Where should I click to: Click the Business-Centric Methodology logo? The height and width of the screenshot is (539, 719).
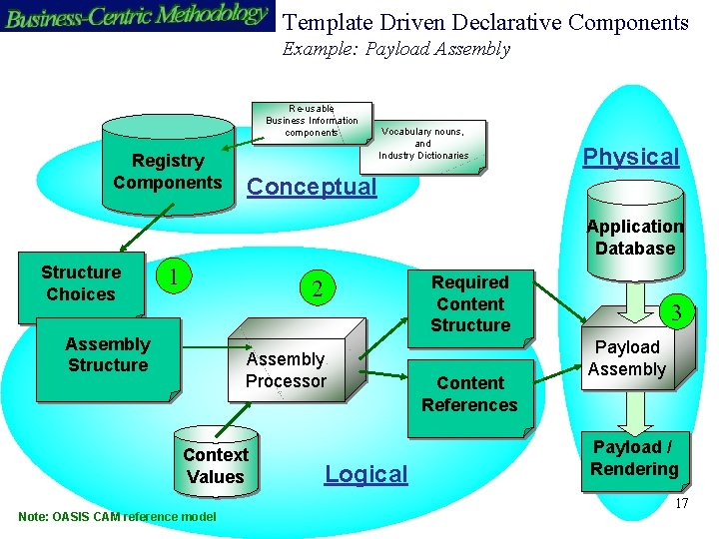[137, 17]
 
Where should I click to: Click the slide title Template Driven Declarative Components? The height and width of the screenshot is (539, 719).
[485, 22]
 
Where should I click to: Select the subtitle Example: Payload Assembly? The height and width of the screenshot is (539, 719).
[396, 49]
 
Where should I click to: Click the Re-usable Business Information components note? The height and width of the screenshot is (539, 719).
[312, 121]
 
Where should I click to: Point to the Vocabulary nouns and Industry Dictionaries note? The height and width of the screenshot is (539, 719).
[423, 143]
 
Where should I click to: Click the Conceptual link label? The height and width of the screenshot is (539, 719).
[312, 187]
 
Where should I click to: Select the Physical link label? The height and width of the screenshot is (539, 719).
[630, 157]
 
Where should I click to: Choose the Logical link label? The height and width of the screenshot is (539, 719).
[366, 474]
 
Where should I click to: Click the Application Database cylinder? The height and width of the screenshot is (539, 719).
[634, 238]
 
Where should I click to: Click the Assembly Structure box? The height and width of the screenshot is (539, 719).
[107, 355]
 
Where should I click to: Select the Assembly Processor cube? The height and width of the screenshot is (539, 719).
[286, 370]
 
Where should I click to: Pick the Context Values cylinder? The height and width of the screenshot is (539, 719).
[215, 465]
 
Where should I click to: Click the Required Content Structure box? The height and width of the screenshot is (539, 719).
[470, 303]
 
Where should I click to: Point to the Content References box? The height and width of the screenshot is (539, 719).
[469, 394]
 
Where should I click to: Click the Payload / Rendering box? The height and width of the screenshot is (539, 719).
[634, 458]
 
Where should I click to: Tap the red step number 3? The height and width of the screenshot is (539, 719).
[676, 313]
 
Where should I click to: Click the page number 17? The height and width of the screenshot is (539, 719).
[681, 504]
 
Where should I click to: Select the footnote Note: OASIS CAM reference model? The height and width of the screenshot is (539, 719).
[117, 516]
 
